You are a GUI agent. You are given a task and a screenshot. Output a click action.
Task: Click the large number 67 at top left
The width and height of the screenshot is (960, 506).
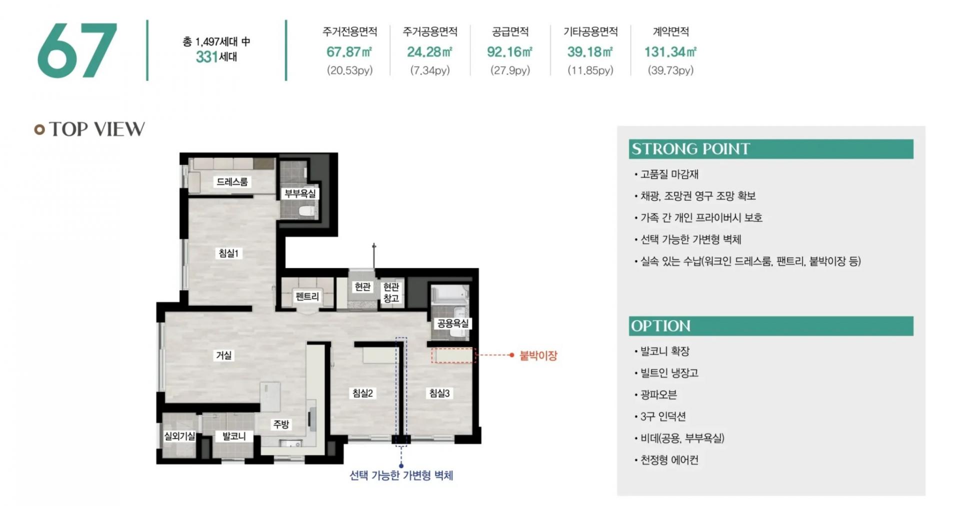[x=77, y=50]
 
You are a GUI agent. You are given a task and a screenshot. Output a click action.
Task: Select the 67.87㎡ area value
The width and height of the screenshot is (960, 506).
[x=349, y=52]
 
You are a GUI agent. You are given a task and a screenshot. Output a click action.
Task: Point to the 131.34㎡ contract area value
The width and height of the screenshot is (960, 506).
[x=670, y=52]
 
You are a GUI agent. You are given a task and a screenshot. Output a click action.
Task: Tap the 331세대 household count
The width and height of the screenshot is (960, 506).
[x=216, y=56]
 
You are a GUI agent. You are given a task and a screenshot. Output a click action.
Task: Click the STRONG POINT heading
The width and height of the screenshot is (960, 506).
[x=690, y=149]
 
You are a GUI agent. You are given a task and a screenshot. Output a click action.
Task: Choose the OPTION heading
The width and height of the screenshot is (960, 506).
[x=660, y=326]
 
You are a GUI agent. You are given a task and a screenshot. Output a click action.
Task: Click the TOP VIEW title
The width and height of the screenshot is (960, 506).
[x=97, y=129]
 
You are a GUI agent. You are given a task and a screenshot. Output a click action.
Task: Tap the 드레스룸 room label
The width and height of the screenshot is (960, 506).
[x=232, y=182]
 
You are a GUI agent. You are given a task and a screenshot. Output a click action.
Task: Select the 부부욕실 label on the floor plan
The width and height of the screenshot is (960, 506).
[x=300, y=193]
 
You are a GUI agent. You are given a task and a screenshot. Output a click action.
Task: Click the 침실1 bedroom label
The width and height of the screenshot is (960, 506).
[x=228, y=253]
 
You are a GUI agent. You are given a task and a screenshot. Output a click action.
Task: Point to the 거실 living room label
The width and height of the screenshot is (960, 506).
[x=223, y=355]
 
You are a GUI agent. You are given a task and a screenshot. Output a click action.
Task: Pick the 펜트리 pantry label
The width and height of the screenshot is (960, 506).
[x=307, y=296]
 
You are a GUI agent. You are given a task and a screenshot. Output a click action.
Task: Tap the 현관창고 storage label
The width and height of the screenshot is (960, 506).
[x=391, y=292]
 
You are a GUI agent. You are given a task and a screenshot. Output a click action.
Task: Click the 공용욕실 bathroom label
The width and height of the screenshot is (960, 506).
[x=453, y=323]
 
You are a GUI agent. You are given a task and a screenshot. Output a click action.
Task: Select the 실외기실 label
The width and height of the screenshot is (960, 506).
[x=179, y=436]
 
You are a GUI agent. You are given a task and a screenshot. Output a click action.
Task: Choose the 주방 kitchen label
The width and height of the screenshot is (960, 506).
[x=281, y=424]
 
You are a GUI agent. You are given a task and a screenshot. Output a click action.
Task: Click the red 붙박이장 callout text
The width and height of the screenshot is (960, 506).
[x=538, y=356]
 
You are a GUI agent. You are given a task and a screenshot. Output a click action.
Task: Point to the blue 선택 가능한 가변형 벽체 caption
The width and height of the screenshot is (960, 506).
[x=401, y=475]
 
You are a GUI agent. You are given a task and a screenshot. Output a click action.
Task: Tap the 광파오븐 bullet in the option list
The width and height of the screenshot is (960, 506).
[x=658, y=395]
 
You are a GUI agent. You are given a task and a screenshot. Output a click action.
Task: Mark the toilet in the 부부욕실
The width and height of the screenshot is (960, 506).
[x=306, y=211]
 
